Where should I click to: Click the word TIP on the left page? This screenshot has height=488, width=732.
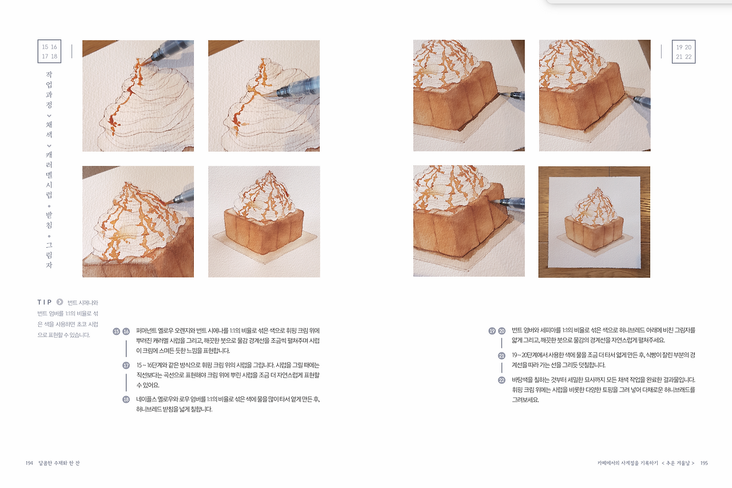(45, 302)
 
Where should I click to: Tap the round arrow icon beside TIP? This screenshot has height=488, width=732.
(59, 302)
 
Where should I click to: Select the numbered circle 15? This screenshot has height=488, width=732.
(117, 331)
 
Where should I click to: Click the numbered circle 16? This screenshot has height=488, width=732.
(126, 331)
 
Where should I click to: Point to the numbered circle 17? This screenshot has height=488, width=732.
(126, 365)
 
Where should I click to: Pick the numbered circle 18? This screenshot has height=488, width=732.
(126, 399)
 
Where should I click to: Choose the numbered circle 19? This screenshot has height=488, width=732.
(492, 331)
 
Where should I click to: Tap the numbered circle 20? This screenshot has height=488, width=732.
(502, 331)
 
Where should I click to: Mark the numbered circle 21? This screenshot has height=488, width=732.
(502, 355)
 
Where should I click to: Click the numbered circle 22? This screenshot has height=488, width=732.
(502, 380)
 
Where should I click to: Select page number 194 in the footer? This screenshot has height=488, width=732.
(30, 463)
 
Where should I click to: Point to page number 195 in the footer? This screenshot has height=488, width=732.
(704, 463)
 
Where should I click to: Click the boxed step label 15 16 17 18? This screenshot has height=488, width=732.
(49, 51)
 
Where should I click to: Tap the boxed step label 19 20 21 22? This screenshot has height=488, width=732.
(683, 51)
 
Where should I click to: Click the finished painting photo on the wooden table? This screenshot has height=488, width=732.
(594, 222)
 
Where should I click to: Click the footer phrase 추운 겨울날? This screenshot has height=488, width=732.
(678, 463)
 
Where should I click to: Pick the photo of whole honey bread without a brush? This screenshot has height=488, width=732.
(264, 222)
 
